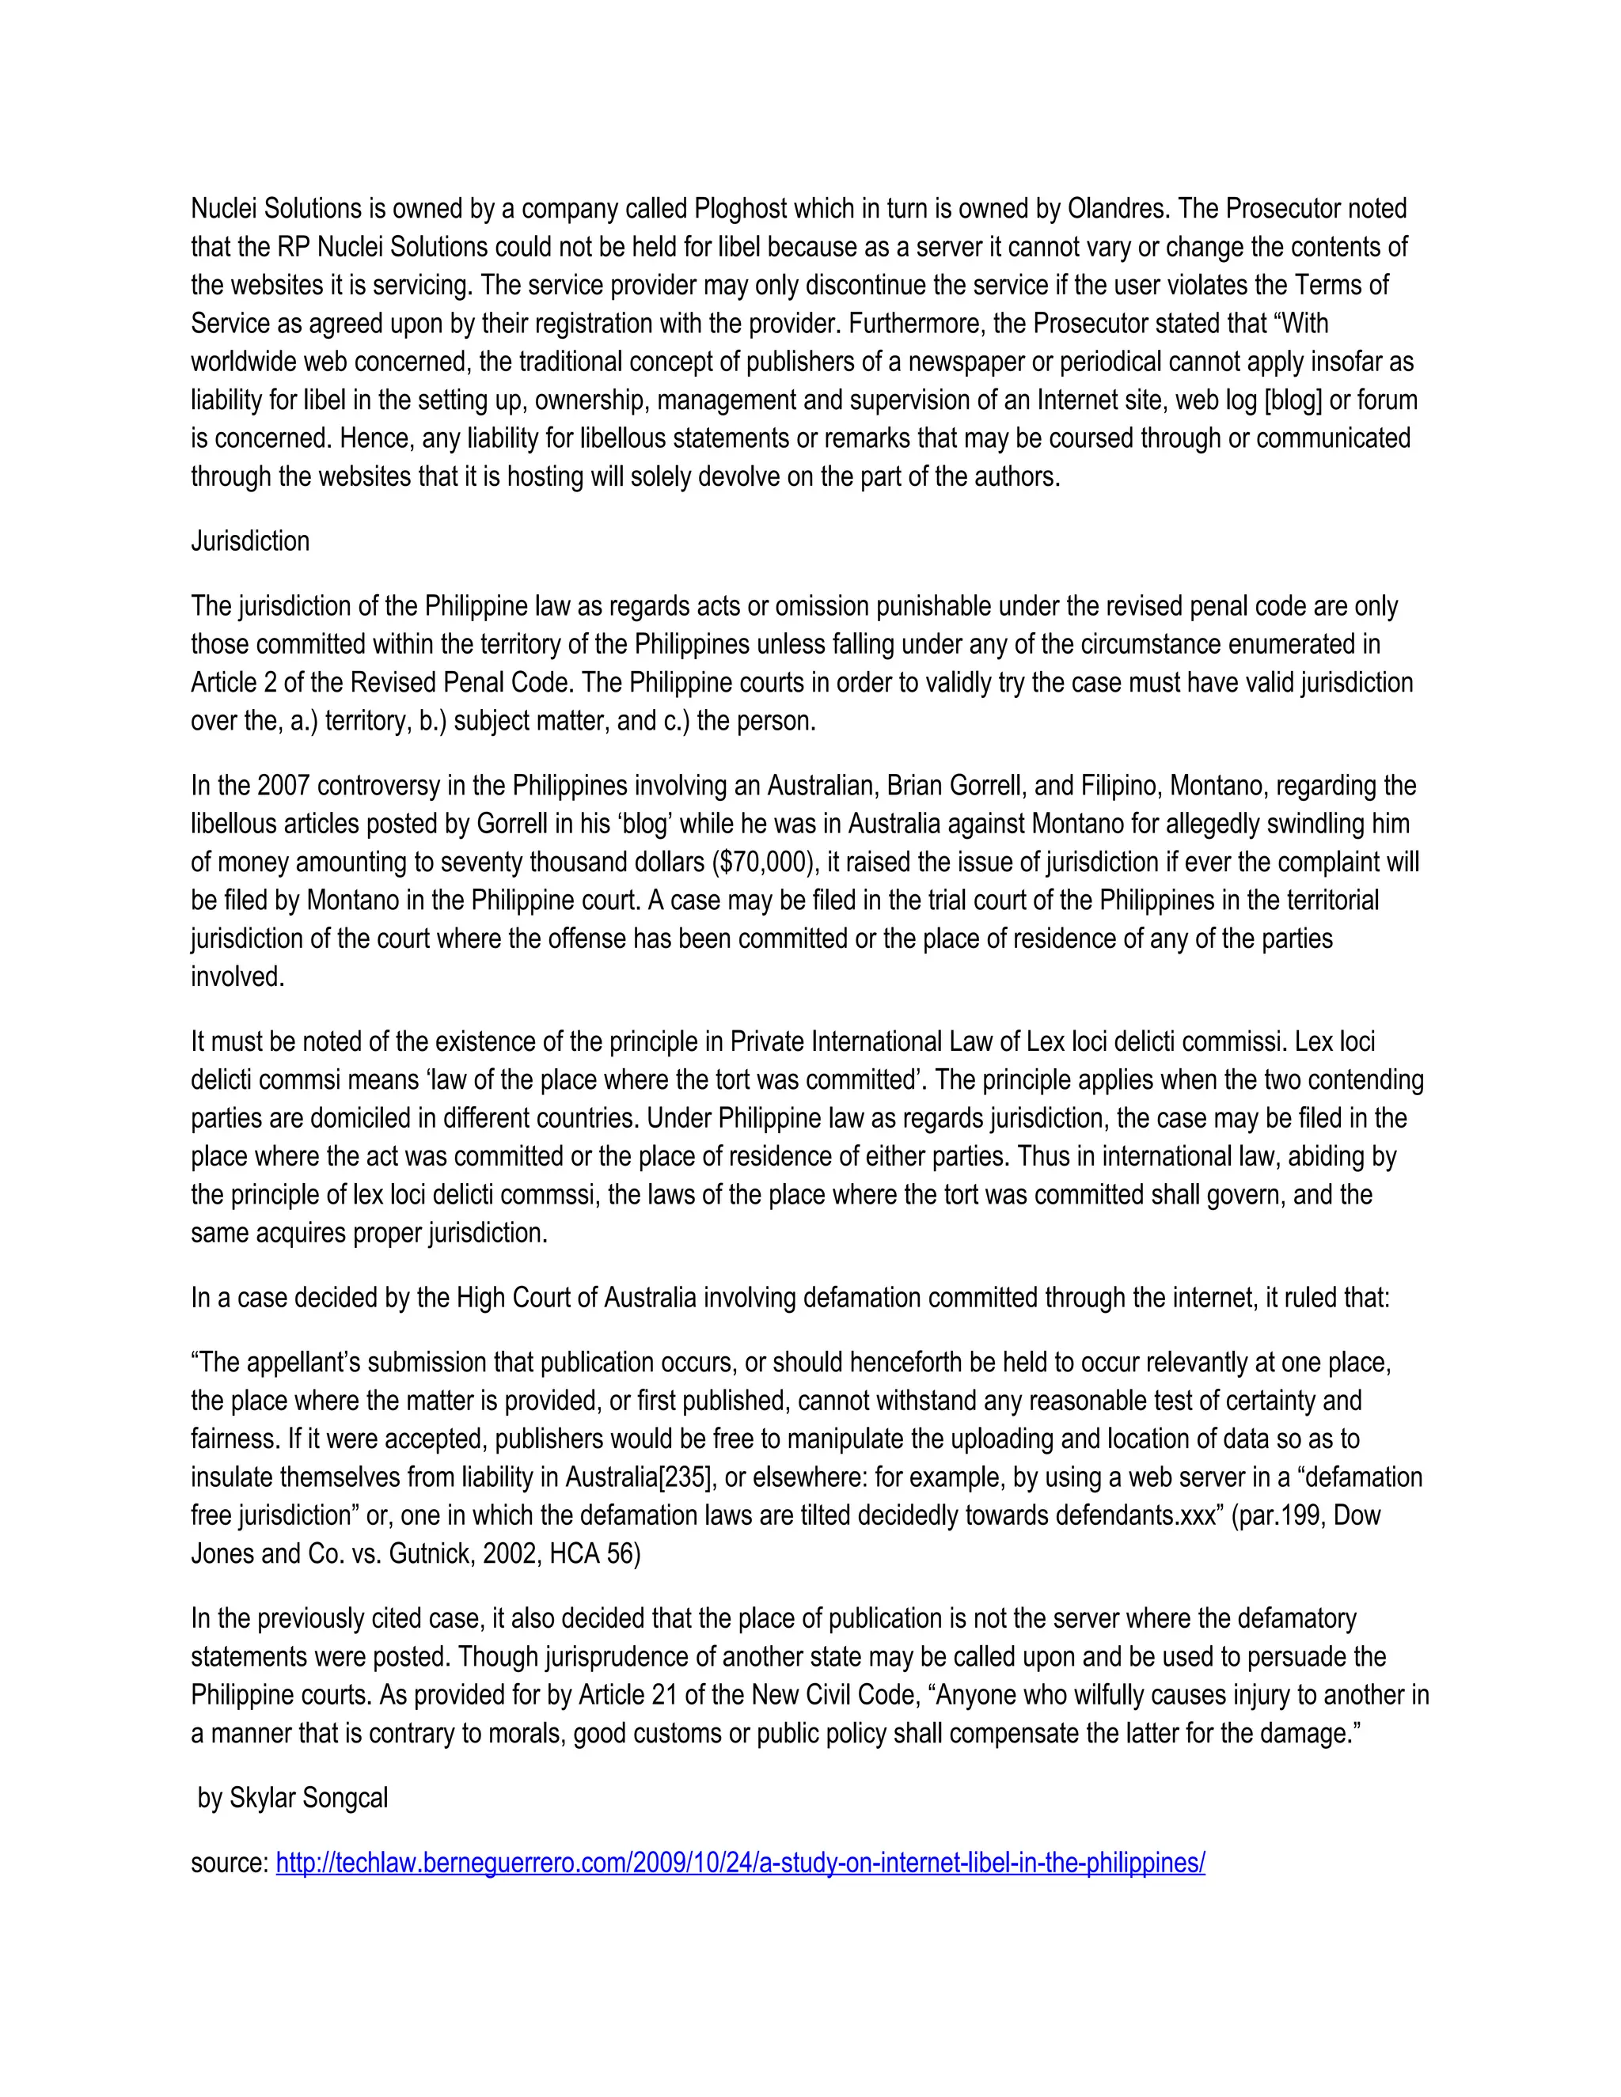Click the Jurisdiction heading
tap(249, 541)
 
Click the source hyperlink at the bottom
tap(739, 1863)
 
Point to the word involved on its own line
tap(237, 977)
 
